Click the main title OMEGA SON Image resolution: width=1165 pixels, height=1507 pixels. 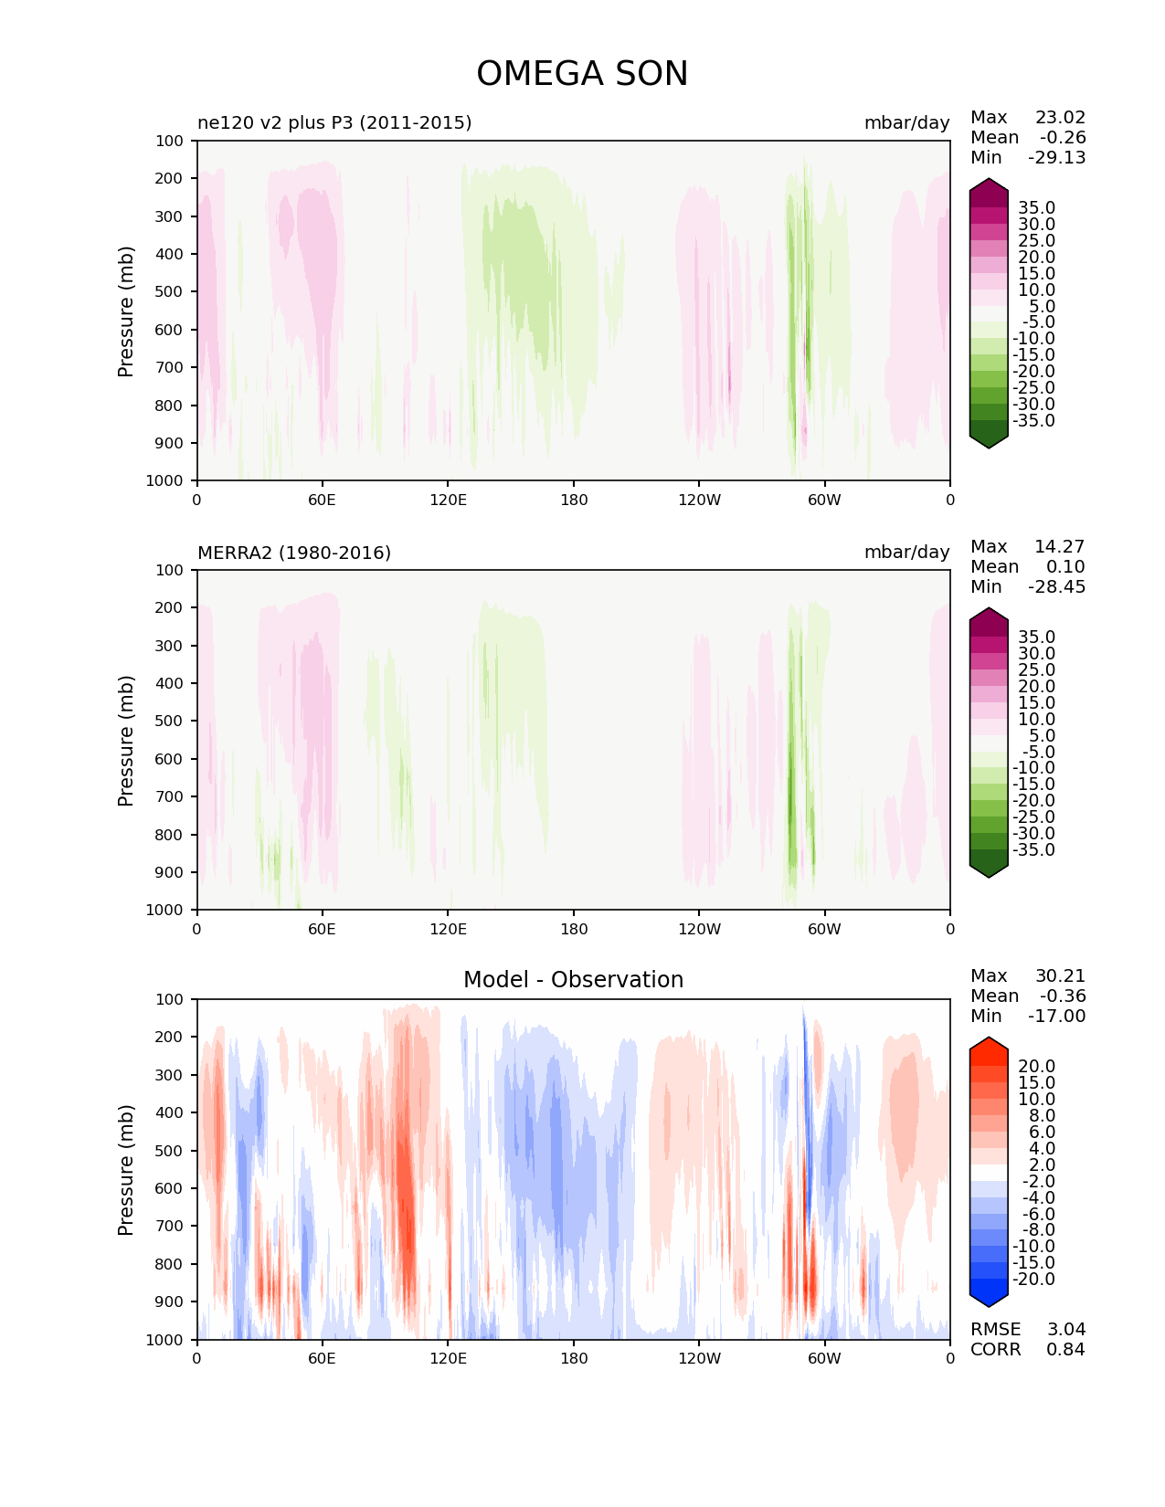coord(582,74)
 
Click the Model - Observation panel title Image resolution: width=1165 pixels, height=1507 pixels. coord(573,980)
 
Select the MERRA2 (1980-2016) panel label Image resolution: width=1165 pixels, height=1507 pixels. coord(294,553)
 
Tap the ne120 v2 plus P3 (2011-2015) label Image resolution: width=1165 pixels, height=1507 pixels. coord(334,122)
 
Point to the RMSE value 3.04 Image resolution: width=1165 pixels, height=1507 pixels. coord(1065,1329)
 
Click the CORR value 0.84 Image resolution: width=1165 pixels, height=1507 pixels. coord(1065,1349)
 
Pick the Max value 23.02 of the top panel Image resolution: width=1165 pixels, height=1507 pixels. coord(1060,117)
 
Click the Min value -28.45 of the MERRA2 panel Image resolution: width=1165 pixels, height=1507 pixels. coord(1057,586)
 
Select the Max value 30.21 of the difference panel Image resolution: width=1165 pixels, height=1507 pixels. coord(1060,975)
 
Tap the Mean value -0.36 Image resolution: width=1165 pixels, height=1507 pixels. coord(1063,996)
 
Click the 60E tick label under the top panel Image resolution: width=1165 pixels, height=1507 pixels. coord(322,500)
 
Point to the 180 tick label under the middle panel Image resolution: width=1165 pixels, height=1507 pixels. coord(573,929)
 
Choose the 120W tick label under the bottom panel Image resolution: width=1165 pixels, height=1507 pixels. coord(699,1358)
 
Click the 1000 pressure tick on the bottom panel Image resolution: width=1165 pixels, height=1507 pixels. coord(164,1339)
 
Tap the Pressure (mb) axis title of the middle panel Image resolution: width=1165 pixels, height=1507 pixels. coord(126,740)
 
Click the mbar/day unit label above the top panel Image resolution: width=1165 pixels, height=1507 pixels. coord(906,122)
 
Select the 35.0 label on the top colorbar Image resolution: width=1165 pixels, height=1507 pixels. coord(1036,207)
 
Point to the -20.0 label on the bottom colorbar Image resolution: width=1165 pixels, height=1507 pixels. coord(1033,1279)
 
